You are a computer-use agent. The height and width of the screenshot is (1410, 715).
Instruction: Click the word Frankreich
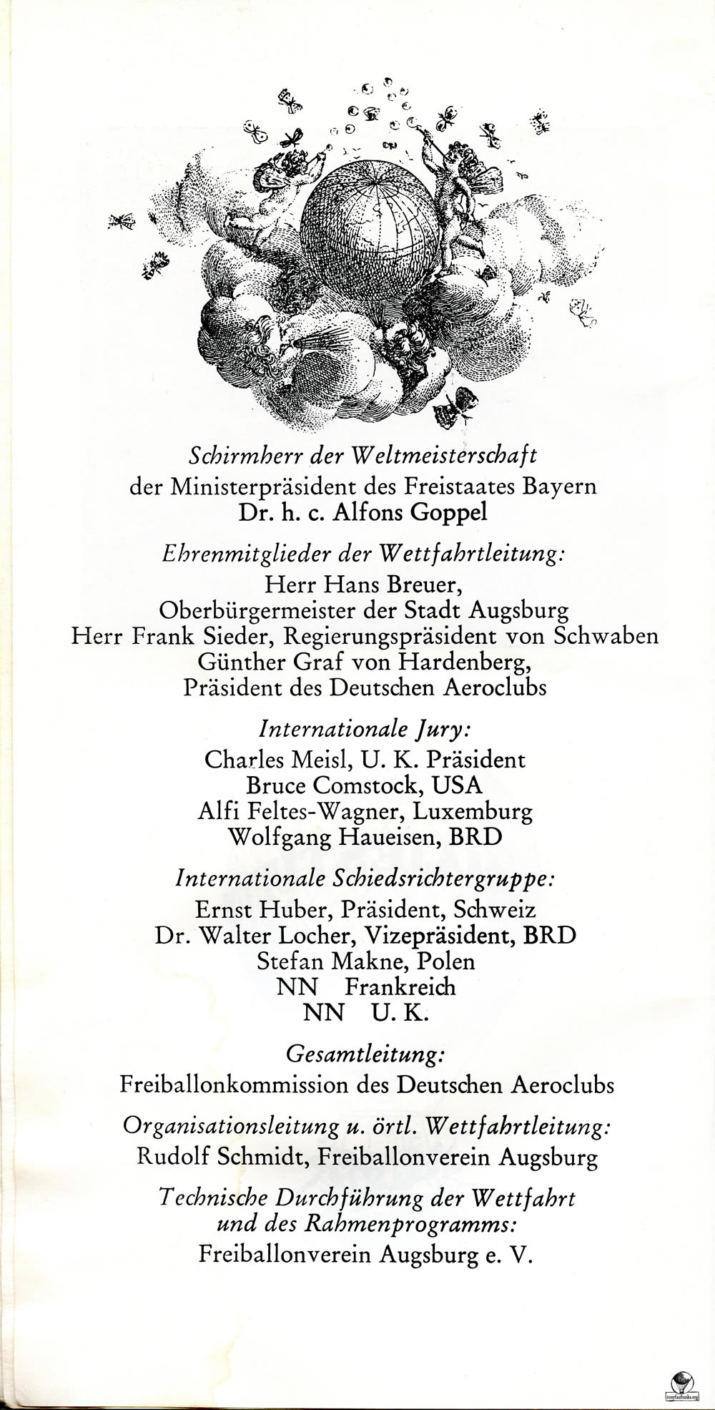400,987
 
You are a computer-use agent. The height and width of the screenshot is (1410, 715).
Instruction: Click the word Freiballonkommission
234,1085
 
